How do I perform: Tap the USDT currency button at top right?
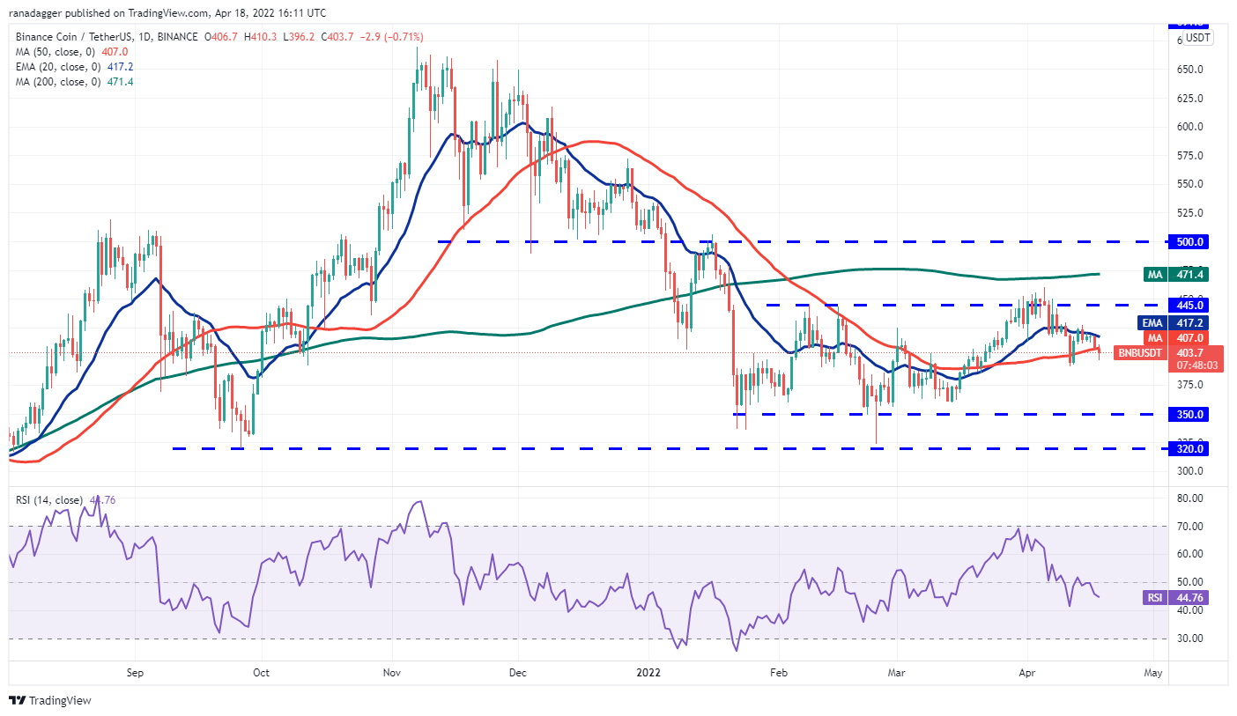(x=1197, y=38)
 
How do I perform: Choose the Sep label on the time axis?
(x=135, y=673)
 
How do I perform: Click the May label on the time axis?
(x=1152, y=673)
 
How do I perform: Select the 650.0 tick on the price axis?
(x=1190, y=69)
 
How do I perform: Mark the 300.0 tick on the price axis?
(x=1190, y=471)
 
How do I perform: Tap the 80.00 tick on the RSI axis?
(x=1189, y=498)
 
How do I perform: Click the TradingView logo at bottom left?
(x=51, y=701)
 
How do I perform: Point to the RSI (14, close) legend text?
(x=49, y=500)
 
